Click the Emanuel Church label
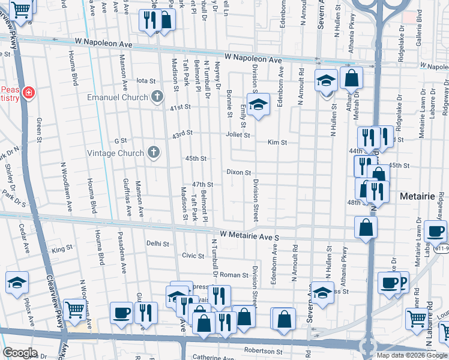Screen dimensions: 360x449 (117, 97)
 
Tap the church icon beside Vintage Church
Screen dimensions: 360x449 (154, 152)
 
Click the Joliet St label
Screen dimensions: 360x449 (238, 135)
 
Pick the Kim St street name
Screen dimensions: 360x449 (277, 143)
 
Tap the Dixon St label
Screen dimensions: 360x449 (238, 172)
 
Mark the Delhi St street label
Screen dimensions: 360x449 (158, 244)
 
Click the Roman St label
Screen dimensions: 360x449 (234, 275)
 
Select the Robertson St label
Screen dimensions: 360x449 (262, 350)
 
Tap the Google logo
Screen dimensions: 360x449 (20, 353)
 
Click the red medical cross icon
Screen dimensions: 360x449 (28, 93)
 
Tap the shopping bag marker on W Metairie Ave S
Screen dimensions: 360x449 (366, 227)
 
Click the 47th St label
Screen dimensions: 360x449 (202, 184)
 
